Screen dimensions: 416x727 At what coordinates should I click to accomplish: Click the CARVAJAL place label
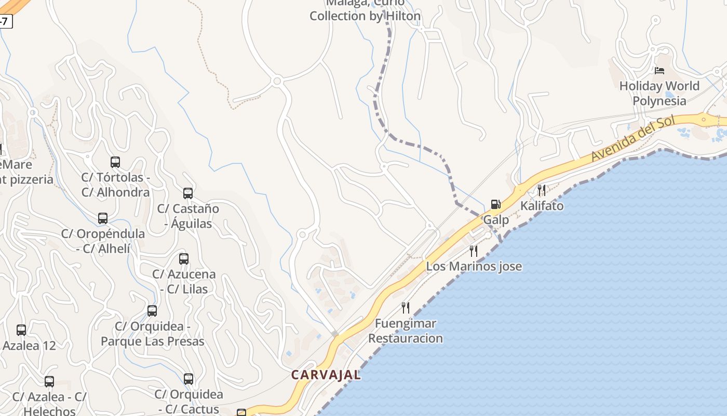point(326,375)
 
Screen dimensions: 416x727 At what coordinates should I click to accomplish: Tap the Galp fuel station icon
point(496,204)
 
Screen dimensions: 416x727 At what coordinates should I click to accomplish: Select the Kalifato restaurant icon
point(542,190)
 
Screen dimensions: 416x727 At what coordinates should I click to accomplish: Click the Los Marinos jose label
point(474,267)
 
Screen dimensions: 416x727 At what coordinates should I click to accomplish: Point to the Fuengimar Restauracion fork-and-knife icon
point(406,308)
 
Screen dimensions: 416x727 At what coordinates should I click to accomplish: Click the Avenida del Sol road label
point(633,139)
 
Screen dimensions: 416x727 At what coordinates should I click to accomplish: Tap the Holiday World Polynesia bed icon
point(659,71)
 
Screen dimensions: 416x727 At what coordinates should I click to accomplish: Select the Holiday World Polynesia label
point(659,93)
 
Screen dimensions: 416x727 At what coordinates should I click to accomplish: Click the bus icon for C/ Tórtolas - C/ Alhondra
point(115,162)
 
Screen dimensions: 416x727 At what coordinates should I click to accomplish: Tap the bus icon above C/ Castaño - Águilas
point(188,193)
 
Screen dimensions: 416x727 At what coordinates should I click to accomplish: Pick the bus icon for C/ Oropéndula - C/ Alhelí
point(103,218)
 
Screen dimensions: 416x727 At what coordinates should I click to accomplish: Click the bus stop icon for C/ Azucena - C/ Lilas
point(184,259)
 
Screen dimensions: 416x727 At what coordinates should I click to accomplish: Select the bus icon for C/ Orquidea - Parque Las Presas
point(152,311)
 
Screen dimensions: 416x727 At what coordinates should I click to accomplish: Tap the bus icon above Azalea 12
point(21,330)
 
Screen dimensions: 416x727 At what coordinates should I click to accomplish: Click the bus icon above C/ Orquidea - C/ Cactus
point(189,379)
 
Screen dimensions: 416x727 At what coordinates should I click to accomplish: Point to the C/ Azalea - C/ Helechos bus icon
point(49,382)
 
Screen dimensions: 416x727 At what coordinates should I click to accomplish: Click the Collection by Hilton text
point(365,16)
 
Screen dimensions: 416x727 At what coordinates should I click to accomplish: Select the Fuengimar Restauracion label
point(406,331)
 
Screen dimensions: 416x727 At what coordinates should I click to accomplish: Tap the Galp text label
point(496,220)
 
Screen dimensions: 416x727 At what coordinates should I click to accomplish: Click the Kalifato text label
point(542,206)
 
